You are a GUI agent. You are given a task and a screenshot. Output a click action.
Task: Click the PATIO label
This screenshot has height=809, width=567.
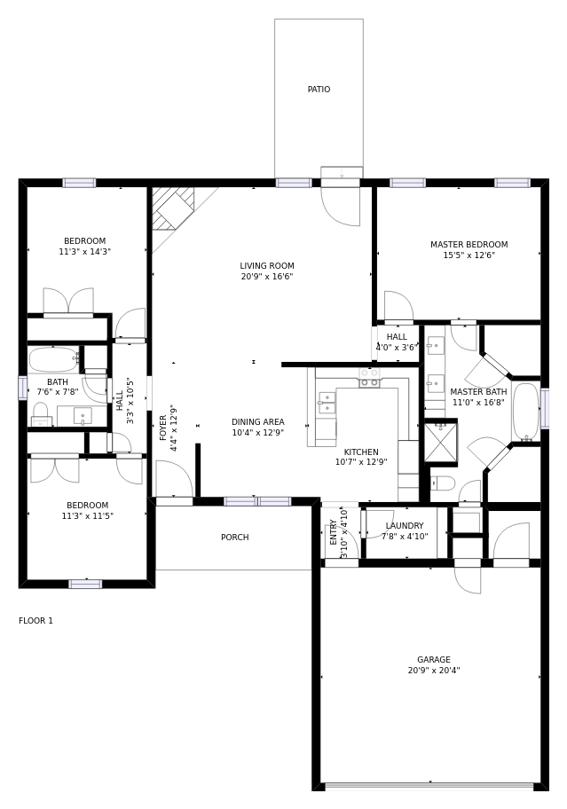(x=319, y=90)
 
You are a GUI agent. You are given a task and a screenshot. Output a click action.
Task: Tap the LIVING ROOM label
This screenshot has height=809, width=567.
(x=267, y=266)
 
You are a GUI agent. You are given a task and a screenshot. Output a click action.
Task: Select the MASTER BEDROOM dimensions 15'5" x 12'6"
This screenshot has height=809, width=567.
(x=469, y=255)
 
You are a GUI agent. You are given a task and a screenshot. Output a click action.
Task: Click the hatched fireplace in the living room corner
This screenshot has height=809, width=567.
(x=173, y=208)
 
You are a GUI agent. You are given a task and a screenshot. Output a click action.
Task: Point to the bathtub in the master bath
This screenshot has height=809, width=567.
(x=525, y=412)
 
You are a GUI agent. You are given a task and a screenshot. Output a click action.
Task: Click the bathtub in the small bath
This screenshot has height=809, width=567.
(x=54, y=359)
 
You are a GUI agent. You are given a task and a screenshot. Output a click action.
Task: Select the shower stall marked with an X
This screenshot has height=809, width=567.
(x=441, y=442)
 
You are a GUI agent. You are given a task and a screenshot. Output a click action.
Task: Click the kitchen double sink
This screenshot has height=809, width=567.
(x=327, y=403)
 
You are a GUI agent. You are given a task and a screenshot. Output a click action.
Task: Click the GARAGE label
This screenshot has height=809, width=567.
(x=434, y=659)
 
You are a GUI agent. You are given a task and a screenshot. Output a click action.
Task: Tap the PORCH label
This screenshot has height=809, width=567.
(x=235, y=537)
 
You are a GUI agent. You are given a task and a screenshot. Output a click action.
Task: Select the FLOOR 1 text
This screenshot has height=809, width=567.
(x=35, y=621)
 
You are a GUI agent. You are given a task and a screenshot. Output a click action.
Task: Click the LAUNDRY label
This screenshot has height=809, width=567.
(x=405, y=525)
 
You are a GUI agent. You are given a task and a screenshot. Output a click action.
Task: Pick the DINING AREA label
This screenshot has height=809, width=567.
(x=258, y=421)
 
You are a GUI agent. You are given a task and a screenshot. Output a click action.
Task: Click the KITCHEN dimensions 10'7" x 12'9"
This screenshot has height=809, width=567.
(x=361, y=462)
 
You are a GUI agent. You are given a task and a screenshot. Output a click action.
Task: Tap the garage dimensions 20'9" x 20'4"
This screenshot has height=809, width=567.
(x=434, y=671)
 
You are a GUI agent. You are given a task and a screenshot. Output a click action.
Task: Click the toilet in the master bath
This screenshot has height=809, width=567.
(x=443, y=483)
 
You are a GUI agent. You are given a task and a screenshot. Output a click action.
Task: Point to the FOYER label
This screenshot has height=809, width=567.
(x=163, y=428)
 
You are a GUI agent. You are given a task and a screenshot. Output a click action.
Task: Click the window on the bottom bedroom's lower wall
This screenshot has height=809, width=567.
(x=85, y=584)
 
